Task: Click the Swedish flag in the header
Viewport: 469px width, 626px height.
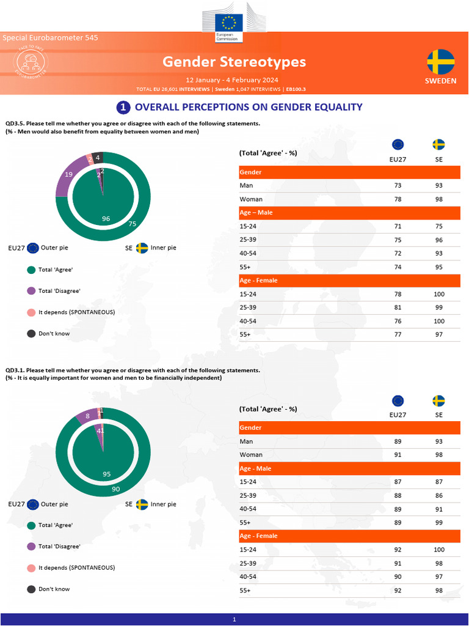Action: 440,62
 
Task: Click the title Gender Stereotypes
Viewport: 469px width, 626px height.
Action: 234,62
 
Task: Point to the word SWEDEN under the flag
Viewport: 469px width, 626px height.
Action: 440,81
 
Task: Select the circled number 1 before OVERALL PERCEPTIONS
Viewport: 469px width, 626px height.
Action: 123,107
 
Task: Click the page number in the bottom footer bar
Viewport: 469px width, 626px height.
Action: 234,620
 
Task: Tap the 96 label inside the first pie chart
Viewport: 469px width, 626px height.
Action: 106,218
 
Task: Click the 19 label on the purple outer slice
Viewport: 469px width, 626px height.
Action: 69,174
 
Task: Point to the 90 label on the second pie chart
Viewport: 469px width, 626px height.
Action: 115,488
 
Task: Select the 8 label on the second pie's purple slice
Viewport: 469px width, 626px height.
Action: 88,416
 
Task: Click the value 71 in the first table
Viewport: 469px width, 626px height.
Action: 398,226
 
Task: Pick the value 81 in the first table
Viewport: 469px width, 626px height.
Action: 398,307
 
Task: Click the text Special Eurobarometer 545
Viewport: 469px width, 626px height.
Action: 50,38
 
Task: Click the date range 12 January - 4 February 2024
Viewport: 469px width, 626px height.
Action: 232,80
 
